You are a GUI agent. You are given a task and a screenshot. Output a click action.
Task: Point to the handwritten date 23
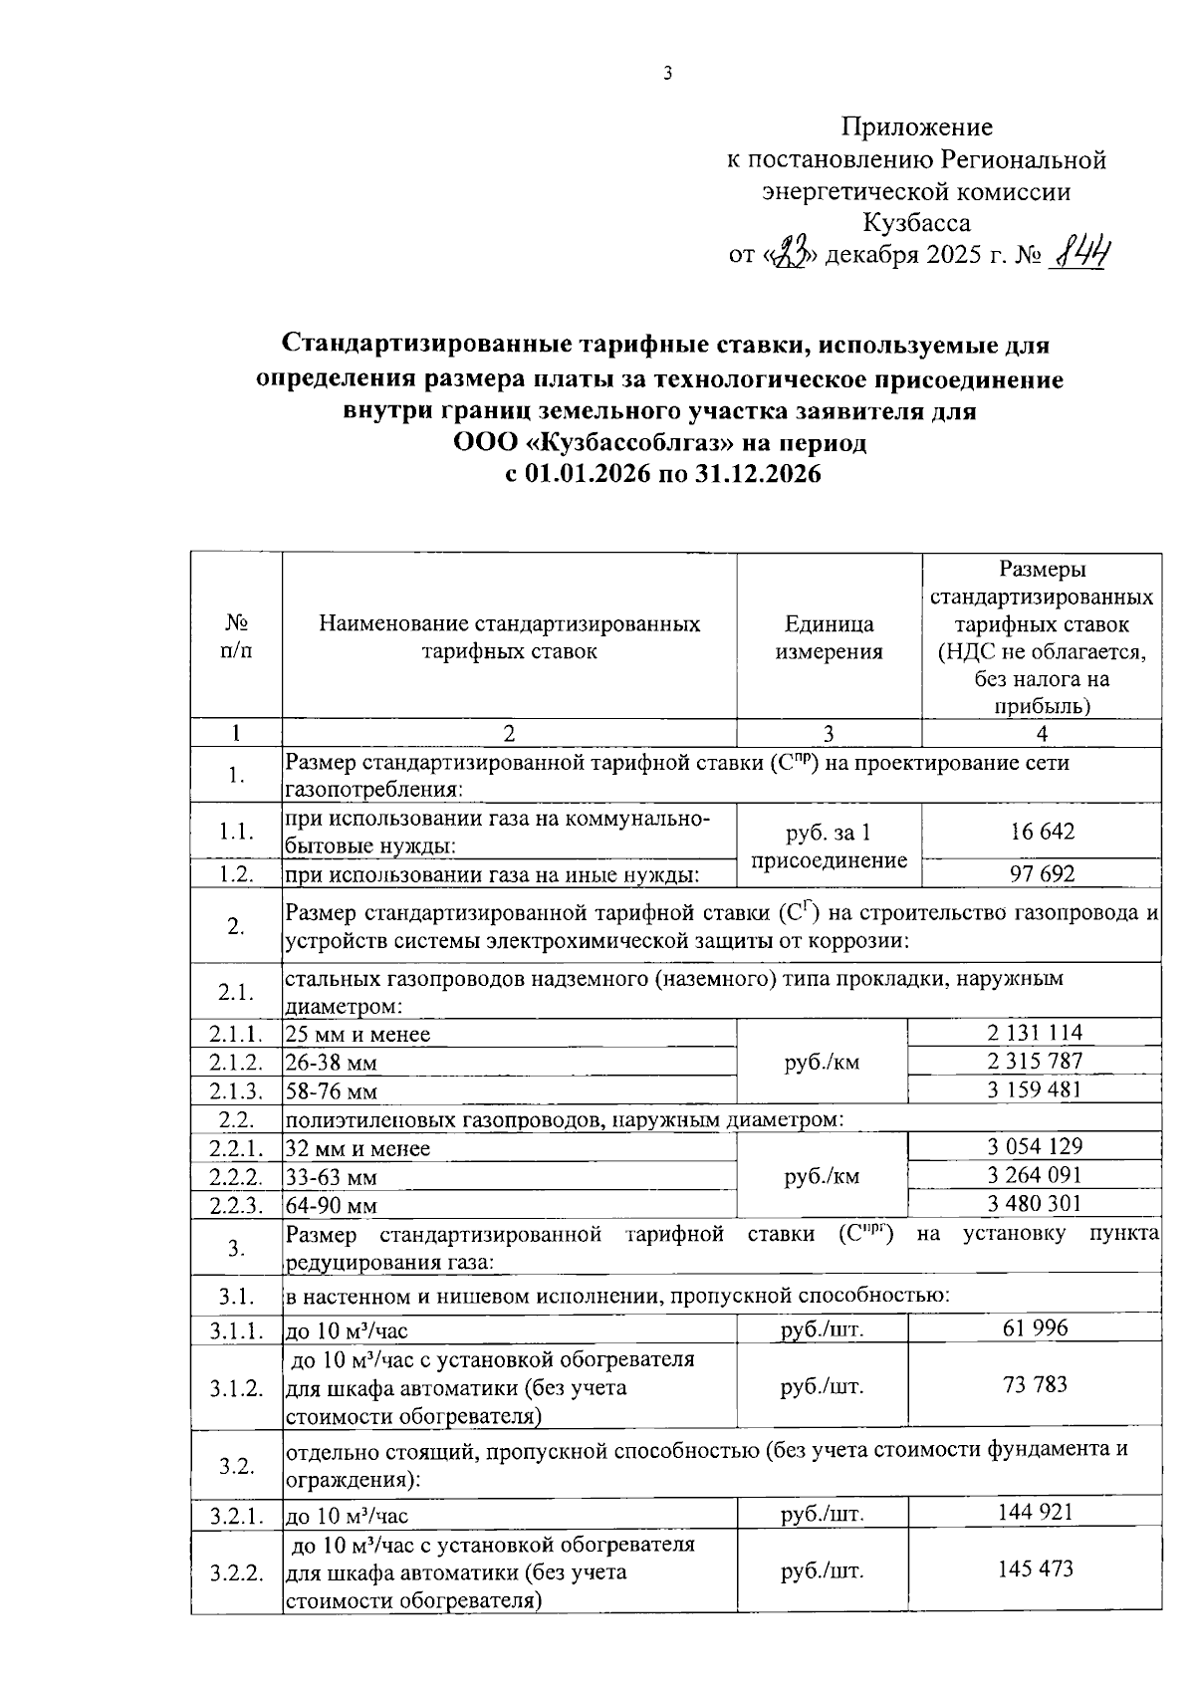click(x=790, y=255)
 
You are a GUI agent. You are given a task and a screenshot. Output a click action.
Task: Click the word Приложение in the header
click(x=917, y=126)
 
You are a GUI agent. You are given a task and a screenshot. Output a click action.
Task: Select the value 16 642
click(x=1042, y=832)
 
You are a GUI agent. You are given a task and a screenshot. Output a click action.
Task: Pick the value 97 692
click(x=1042, y=874)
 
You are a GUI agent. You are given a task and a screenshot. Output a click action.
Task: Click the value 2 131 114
click(x=1035, y=1033)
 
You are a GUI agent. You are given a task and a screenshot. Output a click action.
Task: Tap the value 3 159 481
click(x=1035, y=1088)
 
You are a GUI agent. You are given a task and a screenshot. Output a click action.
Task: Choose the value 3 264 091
click(x=1035, y=1174)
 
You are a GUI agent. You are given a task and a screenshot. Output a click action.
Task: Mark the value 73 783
click(x=1035, y=1384)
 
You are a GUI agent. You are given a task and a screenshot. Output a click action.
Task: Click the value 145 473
click(x=1035, y=1569)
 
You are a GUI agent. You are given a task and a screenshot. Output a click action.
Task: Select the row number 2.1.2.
click(x=236, y=1063)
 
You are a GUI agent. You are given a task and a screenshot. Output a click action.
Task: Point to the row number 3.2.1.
click(x=236, y=1517)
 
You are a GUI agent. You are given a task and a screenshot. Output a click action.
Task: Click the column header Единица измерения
click(x=829, y=637)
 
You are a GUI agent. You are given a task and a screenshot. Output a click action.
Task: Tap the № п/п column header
click(x=236, y=636)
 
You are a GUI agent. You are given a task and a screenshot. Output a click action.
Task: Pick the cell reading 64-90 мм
click(x=332, y=1206)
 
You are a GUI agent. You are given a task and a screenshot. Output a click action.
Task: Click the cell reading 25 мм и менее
click(x=358, y=1035)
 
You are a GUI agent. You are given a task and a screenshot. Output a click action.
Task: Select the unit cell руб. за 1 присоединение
click(x=829, y=845)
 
